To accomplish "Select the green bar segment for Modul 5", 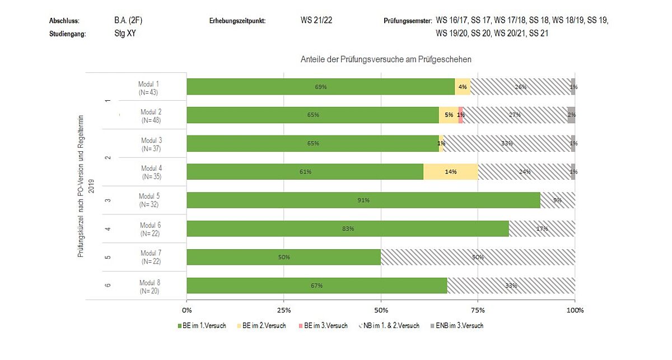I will pos(363,200).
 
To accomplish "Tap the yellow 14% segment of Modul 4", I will pos(451,171).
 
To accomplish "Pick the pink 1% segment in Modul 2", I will pos(460,115).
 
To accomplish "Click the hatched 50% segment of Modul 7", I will pos(478,257).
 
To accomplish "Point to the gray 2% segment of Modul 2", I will pos(571,115).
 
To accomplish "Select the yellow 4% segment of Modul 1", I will pos(463,86).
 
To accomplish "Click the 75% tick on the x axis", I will pos(478,310).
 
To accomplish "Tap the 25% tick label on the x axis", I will pos(284,310).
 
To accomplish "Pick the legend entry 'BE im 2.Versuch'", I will pos(263,325).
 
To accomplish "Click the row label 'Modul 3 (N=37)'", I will pos(151,144).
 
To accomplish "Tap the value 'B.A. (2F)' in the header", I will pos(124,21).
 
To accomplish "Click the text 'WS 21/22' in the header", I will pos(316,21).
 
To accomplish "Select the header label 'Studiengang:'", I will pos(67,34).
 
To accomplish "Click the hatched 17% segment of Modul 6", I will pos(542,228).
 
